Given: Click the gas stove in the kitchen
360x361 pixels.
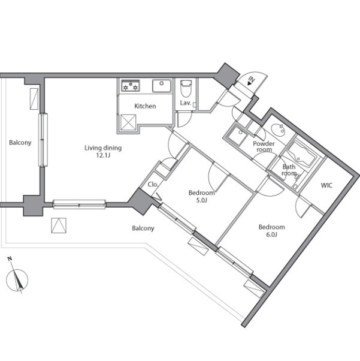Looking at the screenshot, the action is pyautogui.click(x=131, y=85).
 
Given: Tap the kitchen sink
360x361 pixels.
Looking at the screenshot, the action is pyautogui.click(x=162, y=85).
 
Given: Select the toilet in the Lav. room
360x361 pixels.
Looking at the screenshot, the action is pyautogui.click(x=186, y=89).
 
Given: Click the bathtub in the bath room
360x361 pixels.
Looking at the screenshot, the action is pyautogui.click(x=301, y=154).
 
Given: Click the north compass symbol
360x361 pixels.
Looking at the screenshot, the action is pyautogui.click(x=17, y=278).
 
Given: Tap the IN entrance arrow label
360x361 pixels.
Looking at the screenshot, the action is pyautogui.click(x=251, y=81).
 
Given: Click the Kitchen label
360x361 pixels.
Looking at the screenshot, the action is pyautogui.click(x=145, y=106).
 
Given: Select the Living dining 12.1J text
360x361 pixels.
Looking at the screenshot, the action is pyautogui.click(x=103, y=151).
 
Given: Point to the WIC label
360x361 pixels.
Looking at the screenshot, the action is pyautogui.click(x=326, y=185).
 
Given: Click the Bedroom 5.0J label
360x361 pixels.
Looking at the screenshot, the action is pyautogui.click(x=201, y=196).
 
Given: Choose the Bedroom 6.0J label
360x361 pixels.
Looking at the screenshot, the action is pyautogui.click(x=272, y=231).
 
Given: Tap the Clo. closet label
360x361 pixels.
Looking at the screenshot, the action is pyautogui.click(x=153, y=185).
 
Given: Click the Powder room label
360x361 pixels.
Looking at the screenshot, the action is pyautogui.click(x=264, y=146).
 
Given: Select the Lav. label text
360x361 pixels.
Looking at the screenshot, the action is pyautogui.click(x=186, y=103).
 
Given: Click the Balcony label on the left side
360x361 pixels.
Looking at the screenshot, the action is pyautogui.click(x=20, y=143).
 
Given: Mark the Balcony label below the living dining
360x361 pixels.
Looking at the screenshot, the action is pyautogui.click(x=143, y=228).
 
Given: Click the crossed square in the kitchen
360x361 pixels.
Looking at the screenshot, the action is pyautogui.click(x=128, y=122).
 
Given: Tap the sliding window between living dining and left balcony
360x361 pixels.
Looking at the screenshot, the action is pyautogui.click(x=43, y=140).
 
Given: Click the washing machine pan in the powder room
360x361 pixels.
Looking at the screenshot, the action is pyautogui.click(x=237, y=136).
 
